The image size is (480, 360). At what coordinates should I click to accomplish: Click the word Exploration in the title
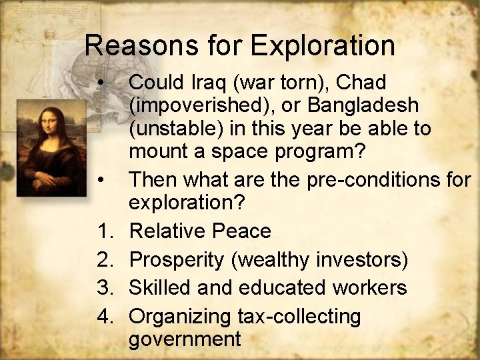coord(323,46)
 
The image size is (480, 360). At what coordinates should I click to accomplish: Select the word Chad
coord(361,83)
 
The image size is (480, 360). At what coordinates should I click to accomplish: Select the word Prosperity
coord(176,259)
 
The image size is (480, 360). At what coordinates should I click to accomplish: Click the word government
coord(185,339)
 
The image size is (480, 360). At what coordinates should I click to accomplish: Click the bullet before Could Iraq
coord(101,83)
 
